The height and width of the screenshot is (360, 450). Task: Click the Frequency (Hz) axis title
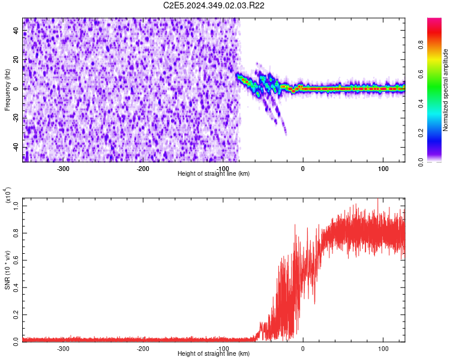pyautogui.click(x=7, y=89)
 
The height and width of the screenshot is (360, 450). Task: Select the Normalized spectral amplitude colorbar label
pyautogui.click(x=445, y=89)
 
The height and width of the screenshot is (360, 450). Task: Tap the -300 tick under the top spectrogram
pyautogui.click(x=63, y=169)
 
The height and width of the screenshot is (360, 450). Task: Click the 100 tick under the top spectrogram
pyautogui.click(x=383, y=169)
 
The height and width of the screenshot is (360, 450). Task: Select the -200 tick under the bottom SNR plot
pyautogui.click(x=143, y=349)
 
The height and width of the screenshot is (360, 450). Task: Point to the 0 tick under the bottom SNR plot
pyautogui.click(x=302, y=349)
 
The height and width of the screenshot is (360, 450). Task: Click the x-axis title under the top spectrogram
pyautogui.click(x=214, y=174)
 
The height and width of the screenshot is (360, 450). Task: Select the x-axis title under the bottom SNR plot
pyautogui.click(x=214, y=354)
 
